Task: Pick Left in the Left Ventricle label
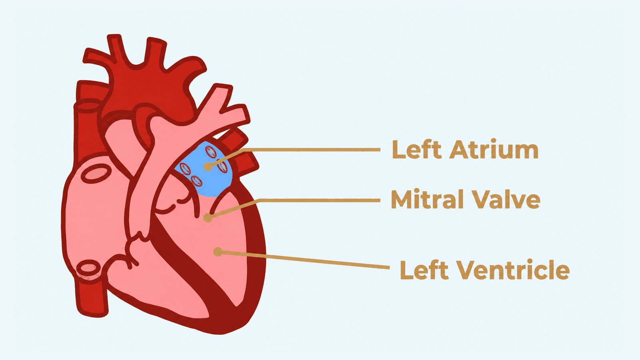click(424, 270)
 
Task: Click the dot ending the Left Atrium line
click(208, 166)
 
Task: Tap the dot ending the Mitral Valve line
click(208, 218)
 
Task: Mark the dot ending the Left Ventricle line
click(218, 252)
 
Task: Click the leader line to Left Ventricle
click(304, 260)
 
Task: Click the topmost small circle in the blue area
click(211, 152)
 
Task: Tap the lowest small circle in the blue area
click(196, 181)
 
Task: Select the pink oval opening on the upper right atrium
click(96, 174)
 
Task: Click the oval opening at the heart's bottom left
click(88, 268)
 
